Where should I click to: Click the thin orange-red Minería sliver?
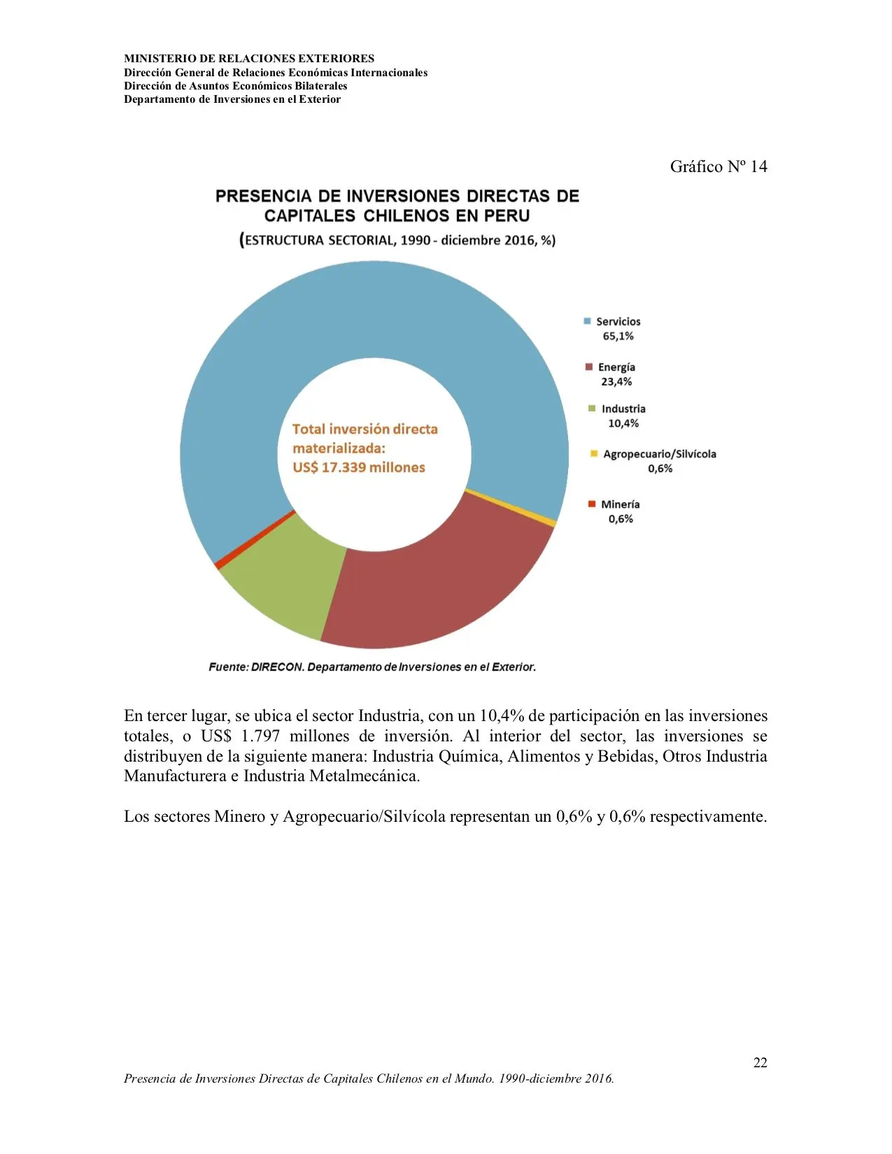pyautogui.click(x=255, y=539)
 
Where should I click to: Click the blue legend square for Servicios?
pyautogui.click(x=587, y=322)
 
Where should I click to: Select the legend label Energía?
pyautogui.click(x=616, y=367)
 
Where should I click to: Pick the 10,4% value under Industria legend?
pyautogui.click(x=623, y=423)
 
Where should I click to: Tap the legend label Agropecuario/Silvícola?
pyautogui.click(x=659, y=454)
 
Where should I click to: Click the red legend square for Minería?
pyautogui.click(x=592, y=504)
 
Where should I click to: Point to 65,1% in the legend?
pyautogui.click(x=618, y=336)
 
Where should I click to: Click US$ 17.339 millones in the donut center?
pyautogui.click(x=358, y=467)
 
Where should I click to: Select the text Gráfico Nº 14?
pyautogui.click(x=718, y=166)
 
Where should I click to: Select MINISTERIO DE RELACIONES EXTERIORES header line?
pyautogui.click(x=249, y=59)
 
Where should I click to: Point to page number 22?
pyautogui.click(x=760, y=1062)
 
